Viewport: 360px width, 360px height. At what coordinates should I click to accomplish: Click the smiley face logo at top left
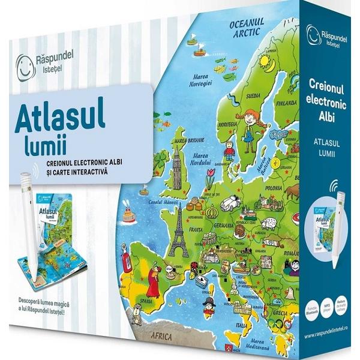(23, 62)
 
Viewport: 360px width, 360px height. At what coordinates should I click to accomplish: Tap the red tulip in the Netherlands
(210, 178)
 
